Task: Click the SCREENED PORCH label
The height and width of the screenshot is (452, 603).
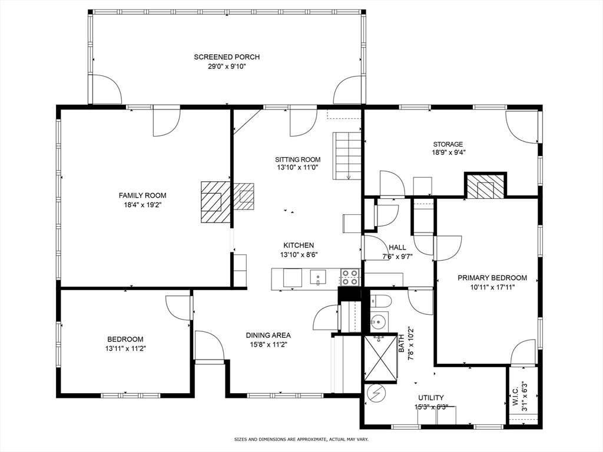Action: [227, 57]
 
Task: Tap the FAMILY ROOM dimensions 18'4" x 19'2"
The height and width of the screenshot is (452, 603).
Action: [143, 205]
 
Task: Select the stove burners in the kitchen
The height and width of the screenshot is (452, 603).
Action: [350, 278]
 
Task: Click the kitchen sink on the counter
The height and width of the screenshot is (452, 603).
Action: [318, 278]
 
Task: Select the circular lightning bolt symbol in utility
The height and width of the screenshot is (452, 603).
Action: [376, 393]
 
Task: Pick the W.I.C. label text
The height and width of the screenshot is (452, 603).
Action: [516, 396]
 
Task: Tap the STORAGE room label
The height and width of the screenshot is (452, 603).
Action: [448, 144]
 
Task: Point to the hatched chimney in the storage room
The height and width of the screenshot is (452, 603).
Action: [485, 186]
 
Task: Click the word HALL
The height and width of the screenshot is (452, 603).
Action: [397, 247]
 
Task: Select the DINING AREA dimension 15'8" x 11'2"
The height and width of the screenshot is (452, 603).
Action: [269, 344]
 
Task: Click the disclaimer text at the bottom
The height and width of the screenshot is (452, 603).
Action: [301, 439]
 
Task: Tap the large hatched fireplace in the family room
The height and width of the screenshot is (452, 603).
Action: [216, 202]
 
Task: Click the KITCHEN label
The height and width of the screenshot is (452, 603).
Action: [299, 245]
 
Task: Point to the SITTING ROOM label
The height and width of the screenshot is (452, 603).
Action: [297, 159]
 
